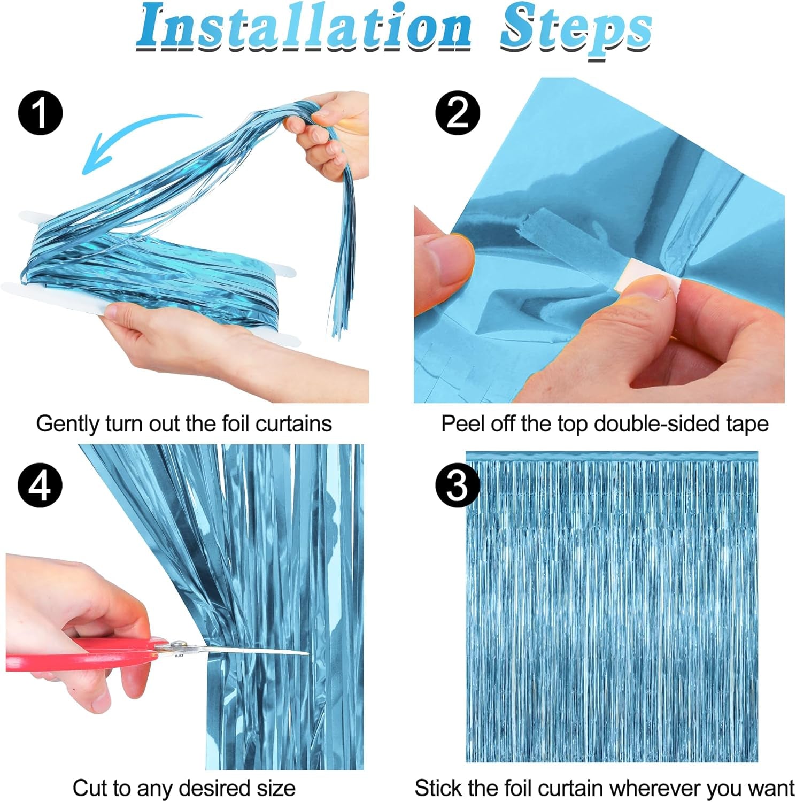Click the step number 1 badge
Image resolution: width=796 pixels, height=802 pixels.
pos(41,113)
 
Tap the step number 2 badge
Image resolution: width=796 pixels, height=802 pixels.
pos(458,113)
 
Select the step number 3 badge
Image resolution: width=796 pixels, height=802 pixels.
pos(458,485)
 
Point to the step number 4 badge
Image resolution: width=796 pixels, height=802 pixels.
pos(41,485)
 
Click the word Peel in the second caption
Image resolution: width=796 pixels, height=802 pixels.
pos(460,424)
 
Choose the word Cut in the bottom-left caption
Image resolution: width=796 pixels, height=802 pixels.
pos(91,789)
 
